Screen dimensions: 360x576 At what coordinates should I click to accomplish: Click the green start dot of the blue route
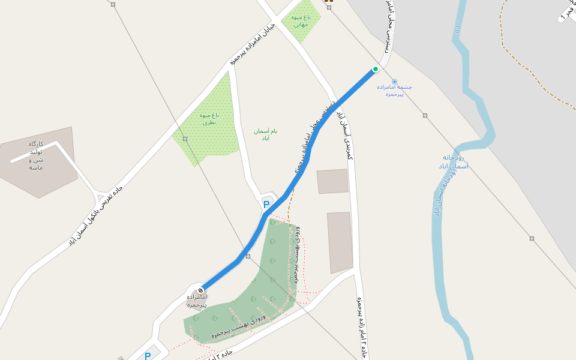(x=376, y=69)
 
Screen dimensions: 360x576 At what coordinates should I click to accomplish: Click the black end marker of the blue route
(x=200, y=290)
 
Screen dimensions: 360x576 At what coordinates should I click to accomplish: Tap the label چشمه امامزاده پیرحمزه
(x=394, y=91)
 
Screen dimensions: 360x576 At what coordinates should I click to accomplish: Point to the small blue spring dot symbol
(x=394, y=82)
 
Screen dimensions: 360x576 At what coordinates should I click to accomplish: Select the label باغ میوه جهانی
(x=301, y=22)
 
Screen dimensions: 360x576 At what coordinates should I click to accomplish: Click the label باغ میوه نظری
(x=209, y=118)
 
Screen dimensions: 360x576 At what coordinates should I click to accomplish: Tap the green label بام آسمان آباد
(x=265, y=134)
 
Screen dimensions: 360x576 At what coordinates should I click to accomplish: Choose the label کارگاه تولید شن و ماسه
(x=36, y=155)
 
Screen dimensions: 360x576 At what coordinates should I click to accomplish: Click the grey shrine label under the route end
(x=196, y=301)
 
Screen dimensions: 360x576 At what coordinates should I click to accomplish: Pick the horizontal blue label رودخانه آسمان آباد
(x=453, y=161)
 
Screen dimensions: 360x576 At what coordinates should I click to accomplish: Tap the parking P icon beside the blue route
(x=266, y=205)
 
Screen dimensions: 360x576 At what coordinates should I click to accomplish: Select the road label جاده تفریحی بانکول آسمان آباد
(x=95, y=215)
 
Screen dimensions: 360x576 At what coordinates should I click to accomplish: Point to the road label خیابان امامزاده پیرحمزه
(x=252, y=44)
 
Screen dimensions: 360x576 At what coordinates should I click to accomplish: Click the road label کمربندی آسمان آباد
(x=346, y=135)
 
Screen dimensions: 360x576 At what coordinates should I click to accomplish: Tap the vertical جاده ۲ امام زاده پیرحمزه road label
(x=362, y=327)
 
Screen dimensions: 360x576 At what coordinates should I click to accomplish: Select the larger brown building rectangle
(x=340, y=242)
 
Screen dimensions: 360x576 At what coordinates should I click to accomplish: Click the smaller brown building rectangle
(x=332, y=181)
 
